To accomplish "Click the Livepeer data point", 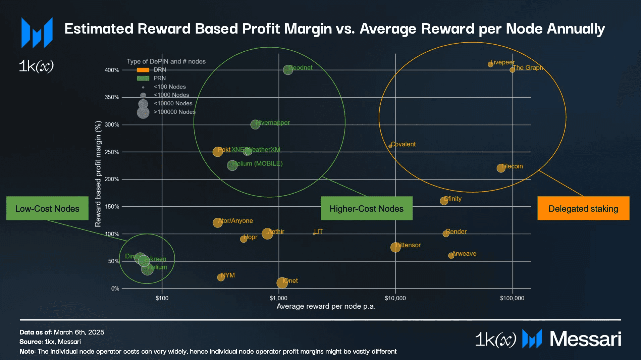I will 490,64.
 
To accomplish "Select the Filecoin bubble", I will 501,168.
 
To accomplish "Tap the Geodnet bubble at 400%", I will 288,70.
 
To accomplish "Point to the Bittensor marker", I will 395,247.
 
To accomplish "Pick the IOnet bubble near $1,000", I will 282,282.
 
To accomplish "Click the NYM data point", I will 221,277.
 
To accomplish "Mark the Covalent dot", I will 390,146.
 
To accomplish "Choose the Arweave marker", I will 451,256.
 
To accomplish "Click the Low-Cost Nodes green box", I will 47,208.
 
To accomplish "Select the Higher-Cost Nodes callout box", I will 366,208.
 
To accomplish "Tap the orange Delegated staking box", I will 583,208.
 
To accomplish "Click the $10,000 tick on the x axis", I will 395,298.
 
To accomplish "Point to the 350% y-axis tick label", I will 112,97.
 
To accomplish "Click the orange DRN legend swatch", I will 143,70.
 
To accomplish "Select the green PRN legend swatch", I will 143,78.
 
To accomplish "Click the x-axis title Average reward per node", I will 326,306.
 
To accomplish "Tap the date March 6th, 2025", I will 79,332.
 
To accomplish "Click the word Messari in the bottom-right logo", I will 585,339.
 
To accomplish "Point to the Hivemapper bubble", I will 255,124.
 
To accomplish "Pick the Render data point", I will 446,234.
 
